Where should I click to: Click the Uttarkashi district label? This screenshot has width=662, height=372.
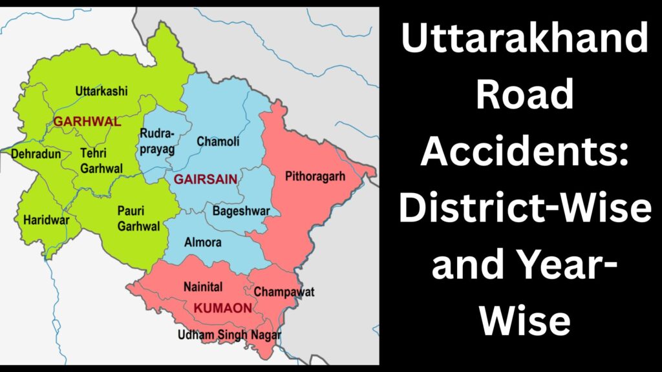pos(101,91)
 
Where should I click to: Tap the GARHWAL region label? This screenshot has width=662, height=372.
pos(78,121)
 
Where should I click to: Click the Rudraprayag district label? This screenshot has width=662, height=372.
pos(157,141)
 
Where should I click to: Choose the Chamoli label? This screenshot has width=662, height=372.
pos(218,141)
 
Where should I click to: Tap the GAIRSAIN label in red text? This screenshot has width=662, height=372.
pos(206,179)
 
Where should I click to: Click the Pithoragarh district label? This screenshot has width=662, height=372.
pos(315,176)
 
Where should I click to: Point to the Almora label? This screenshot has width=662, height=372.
pos(203,242)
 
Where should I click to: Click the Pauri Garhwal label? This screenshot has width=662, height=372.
pos(138,218)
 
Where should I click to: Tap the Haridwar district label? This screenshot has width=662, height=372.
pos(45,220)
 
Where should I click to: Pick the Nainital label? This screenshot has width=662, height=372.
pos(203,285)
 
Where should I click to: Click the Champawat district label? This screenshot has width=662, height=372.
pos(284,292)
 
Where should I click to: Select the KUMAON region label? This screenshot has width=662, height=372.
pos(222,308)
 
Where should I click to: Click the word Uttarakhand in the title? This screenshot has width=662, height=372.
pos(524,40)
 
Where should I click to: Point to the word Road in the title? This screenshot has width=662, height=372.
pos(524,96)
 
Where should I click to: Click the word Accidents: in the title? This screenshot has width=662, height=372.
pos(524,152)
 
